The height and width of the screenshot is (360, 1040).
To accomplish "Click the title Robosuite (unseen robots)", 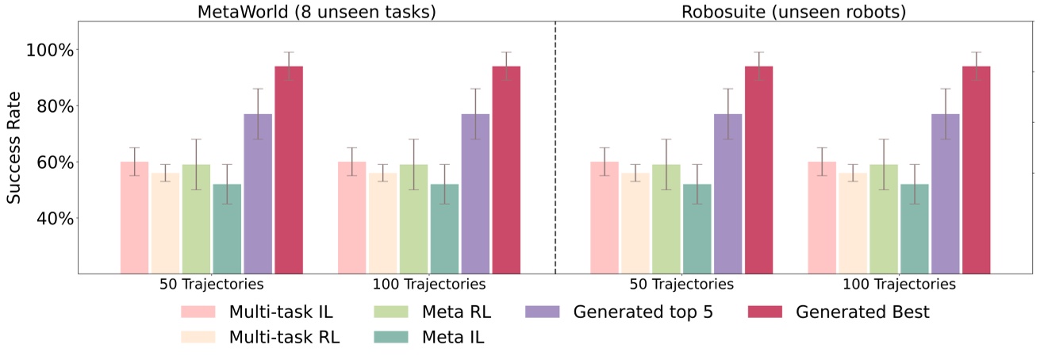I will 793,11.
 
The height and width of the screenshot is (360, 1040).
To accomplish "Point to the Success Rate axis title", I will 14,147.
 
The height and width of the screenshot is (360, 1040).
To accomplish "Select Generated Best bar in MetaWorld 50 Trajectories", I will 289,170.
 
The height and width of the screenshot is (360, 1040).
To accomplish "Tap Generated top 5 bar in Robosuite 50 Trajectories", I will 727,193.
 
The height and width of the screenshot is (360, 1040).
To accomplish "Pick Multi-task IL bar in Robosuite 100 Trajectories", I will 822,217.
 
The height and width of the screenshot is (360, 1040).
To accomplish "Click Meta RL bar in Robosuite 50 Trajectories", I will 666,218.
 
